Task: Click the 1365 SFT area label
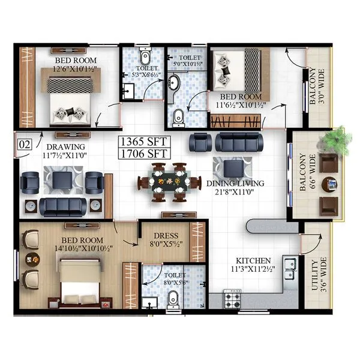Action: pos(145,142)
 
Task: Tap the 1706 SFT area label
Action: pos(145,154)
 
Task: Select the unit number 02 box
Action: pos(25,144)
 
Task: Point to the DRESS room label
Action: pos(164,236)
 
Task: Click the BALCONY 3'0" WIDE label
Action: pos(315,87)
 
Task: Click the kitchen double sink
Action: pos(290,263)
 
